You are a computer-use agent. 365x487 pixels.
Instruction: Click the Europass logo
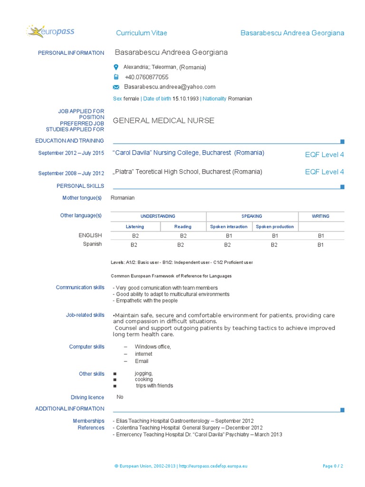pyautogui.click(x=50, y=32)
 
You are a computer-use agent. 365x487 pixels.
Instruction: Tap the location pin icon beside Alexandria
pyautogui.click(x=116, y=67)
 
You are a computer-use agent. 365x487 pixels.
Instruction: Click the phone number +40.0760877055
pyautogui.click(x=146, y=77)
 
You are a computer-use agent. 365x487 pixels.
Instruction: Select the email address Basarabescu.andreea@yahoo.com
pyautogui.click(x=170, y=87)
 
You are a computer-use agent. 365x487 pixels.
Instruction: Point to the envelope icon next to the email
pyautogui.click(x=116, y=87)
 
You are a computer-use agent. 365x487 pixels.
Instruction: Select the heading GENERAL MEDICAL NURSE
pyautogui.click(x=163, y=121)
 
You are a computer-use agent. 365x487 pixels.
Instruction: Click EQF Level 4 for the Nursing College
pyautogui.click(x=324, y=155)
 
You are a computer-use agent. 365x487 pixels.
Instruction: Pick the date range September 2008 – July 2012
pyautogui.click(x=71, y=174)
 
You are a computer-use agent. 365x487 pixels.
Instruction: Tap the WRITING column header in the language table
pyautogui.click(x=320, y=216)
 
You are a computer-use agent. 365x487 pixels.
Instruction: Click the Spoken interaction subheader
pyautogui.click(x=229, y=227)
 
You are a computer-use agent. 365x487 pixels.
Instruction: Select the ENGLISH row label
pyautogui.click(x=90, y=235)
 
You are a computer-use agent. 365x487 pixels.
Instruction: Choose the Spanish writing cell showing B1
pyautogui.click(x=320, y=245)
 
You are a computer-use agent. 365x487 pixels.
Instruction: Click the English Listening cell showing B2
pyautogui.click(x=135, y=235)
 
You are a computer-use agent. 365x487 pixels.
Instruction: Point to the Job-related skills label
pyautogui.click(x=85, y=315)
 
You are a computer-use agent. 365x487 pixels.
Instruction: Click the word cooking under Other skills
pyautogui.click(x=144, y=380)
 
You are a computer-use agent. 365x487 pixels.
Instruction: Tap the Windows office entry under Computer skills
pyautogui.click(x=153, y=347)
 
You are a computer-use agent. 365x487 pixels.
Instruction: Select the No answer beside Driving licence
pyautogui.click(x=120, y=397)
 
